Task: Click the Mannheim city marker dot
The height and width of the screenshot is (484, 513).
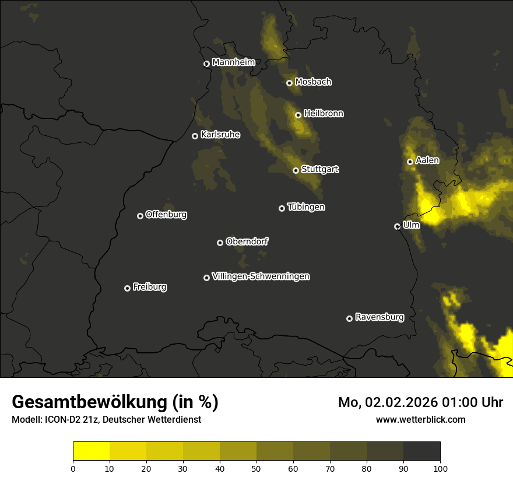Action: (x=206, y=64)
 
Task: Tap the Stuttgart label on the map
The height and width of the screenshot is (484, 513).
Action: (x=319, y=169)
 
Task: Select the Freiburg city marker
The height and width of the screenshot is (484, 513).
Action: (x=127, y=288)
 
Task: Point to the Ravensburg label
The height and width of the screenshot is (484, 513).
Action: (x=379, y=317)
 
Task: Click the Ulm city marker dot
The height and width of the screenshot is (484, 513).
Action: (x=397, y=226)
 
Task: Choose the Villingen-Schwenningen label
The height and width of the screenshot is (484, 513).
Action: (x=261, y=276)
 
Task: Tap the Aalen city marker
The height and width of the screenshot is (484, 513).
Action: (x=410, y=162)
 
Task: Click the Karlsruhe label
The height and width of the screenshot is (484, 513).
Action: (x=220, y=135)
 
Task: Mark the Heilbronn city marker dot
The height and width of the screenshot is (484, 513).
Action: (x=298, y=115)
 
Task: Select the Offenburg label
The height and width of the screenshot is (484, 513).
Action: (x=166, y=215)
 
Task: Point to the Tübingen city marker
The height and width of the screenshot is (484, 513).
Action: (x=282, y=208)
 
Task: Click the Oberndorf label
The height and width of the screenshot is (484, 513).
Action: (x=247, y=241)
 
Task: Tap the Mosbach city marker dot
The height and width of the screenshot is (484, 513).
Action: (x=289, y=83)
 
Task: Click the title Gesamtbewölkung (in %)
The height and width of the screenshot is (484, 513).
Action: (x=115, y=402)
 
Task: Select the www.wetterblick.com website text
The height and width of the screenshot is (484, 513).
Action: (x=420, y=419)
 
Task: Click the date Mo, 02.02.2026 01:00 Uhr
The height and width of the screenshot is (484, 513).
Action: (x=420, y=402)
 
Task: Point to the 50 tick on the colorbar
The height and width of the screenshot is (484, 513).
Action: (x=256, y=468)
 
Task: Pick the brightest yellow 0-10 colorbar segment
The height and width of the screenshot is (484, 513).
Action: (x=91, y=451)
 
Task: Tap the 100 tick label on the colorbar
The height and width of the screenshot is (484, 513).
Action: (x=440, y=468)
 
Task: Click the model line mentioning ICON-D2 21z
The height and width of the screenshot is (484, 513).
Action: (x=106, y=420)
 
